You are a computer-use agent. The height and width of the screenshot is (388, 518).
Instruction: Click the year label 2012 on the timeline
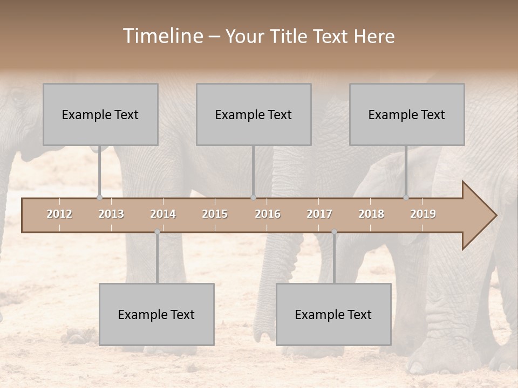point(59,214)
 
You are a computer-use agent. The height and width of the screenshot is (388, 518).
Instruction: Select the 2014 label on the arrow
point(163,214)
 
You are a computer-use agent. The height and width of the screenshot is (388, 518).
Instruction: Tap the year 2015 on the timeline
point(215,214)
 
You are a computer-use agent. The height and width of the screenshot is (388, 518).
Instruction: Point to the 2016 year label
point(268,214)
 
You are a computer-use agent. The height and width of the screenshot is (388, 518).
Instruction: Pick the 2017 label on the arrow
point(319,214)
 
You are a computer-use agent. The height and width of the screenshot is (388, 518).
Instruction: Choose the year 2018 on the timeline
point(371,214)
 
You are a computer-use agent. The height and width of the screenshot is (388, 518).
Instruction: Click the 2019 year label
point(423,214)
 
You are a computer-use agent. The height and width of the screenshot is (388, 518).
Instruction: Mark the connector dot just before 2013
point(99,197)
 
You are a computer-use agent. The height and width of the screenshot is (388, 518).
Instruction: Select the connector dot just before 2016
point(253,197)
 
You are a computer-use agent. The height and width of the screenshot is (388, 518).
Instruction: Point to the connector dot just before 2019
point(406,197)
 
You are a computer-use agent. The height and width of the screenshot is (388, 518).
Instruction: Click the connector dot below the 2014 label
point(157,232)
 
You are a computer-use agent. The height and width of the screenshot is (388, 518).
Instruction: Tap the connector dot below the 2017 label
point(334,232)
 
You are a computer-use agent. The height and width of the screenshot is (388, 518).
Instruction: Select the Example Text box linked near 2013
point(100,114)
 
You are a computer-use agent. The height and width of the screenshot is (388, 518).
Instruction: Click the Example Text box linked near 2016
point(254,114)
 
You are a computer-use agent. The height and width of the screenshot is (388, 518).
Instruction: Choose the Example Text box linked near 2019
point(407,114)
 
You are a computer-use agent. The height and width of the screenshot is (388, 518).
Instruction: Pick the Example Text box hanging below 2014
point(156,314)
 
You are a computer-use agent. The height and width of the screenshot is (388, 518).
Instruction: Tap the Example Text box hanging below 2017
point(333,314)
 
